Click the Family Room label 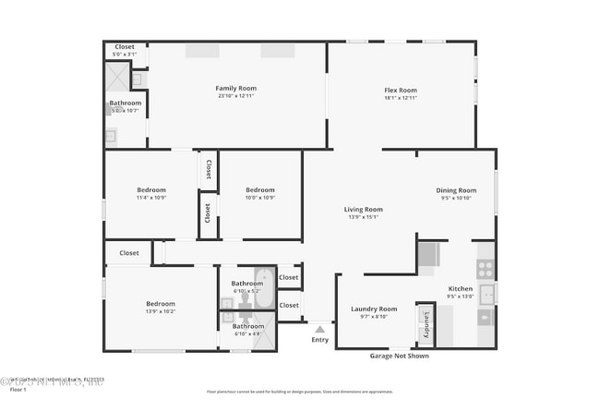point(235,88)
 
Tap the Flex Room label point(401,90)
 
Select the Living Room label point(364,209)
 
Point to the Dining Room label point(456,190)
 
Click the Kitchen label point(460,288)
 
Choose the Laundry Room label point(374,309)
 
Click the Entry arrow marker point(319,328)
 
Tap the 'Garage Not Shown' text point(399,356)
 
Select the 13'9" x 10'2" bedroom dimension point(160,311)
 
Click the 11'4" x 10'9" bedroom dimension point(151,198)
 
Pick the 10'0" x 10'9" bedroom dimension point(260,198)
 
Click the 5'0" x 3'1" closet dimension point(124,55)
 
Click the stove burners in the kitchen point(486,269)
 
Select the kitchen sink point(486,295)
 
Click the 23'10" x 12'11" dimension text point(235,96)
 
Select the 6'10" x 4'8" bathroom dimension point(247,333)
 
